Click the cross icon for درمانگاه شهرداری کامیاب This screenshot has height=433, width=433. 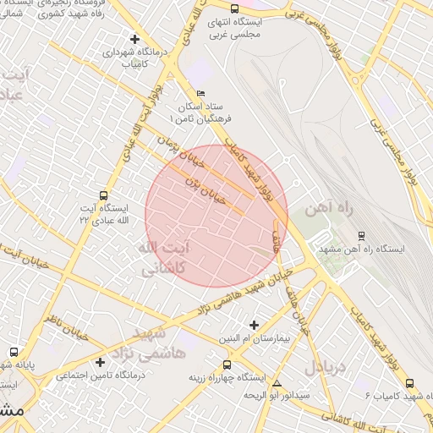click(134, 39)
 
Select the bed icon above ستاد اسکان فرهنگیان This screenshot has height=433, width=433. click(200, 93)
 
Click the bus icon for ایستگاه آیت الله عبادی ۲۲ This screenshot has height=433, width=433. click(103, 195)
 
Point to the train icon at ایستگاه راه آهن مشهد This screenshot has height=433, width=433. click(362, 236)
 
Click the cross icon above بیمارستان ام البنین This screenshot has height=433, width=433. click(254, 325)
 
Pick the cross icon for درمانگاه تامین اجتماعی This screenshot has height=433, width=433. click(100, 363)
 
